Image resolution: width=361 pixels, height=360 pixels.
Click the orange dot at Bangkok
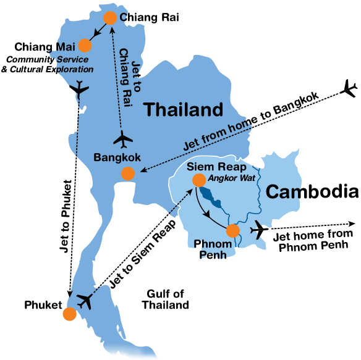click(127, 174)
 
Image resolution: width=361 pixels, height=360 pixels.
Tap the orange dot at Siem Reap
click(199, 180)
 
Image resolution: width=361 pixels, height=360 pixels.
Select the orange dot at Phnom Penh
click(232, 231)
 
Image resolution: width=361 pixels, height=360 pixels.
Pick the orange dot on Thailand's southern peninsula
click(69, 314)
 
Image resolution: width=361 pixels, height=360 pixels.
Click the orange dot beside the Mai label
click(85, 45)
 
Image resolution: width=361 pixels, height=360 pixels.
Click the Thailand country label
click(183, 110)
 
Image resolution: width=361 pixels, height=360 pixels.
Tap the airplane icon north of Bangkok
click(124, 139)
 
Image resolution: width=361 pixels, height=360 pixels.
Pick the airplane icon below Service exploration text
click(79, 91)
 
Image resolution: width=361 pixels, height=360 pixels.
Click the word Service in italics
click(72, 59)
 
